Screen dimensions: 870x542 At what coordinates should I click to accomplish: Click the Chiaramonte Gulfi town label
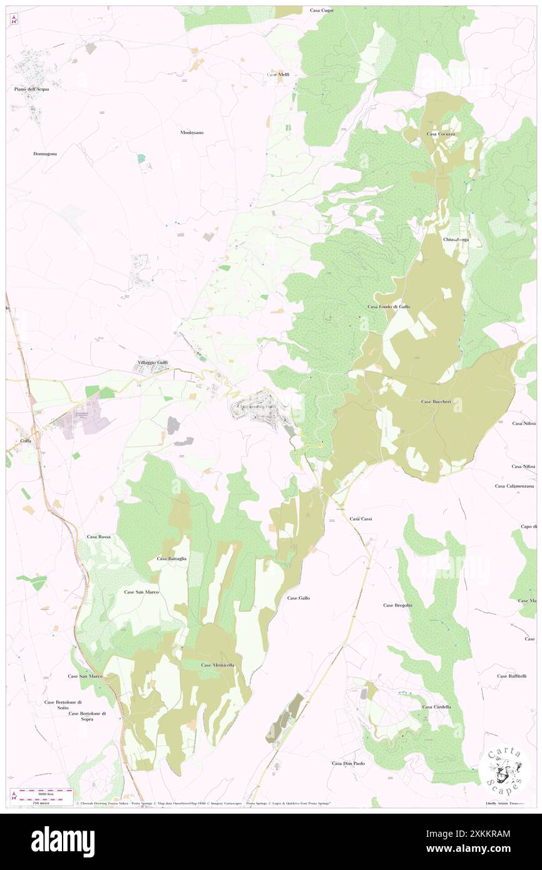(257, 407)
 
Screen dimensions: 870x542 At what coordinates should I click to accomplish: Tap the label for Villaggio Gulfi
(153, 363)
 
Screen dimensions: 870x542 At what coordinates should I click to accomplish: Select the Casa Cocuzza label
(442, 134)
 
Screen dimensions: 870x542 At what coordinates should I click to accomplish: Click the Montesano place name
(192, 133)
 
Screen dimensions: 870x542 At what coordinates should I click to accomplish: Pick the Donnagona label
(45, 153)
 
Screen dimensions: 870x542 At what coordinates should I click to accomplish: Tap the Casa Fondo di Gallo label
(389, 307)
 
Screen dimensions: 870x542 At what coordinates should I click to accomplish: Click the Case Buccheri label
(436, 401)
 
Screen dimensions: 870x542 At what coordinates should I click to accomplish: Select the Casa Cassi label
(361, 519)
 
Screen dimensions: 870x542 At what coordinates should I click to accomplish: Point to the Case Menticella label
(218, 665)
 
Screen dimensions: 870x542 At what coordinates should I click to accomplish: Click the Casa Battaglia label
(171, 558)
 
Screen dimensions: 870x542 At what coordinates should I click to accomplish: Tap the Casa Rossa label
(99, 537)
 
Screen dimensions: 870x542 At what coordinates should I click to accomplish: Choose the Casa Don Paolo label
(348, 764)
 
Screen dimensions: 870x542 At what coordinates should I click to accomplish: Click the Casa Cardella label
(436, 707)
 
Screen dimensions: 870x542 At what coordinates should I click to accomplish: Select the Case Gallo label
(299, 598)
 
